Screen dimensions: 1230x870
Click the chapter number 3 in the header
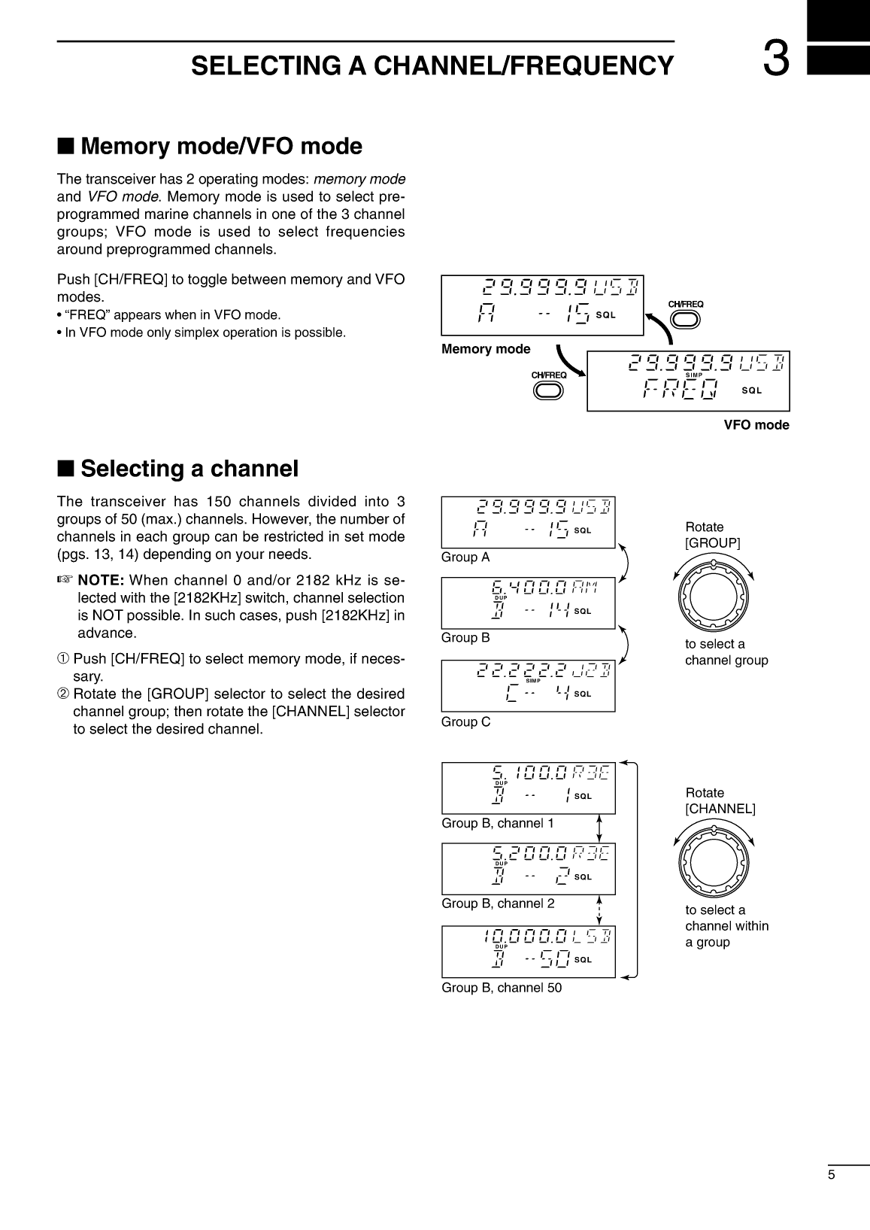coord(776,60)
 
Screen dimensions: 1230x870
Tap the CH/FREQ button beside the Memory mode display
coord(685,319)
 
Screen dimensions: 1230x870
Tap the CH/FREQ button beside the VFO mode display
coord(548,390)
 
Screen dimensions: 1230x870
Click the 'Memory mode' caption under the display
coord(486,349)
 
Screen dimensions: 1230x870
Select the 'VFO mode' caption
coord(756,425)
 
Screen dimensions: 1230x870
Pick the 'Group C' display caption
coord(465,722)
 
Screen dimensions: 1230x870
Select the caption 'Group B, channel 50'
coord(502,988)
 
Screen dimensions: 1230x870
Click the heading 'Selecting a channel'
coord(189,469)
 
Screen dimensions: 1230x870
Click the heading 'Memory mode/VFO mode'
coord(221,146)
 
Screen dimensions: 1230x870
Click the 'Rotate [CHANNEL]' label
coord(720,801)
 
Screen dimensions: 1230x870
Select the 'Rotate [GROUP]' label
coord(712,535)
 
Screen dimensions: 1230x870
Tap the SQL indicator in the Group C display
coord(583,694)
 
